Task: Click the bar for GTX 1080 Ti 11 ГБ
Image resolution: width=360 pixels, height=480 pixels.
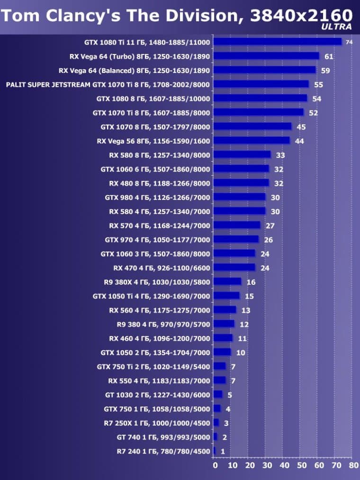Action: tap(278, 42)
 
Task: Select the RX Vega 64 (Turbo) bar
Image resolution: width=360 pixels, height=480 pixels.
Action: tap(267, 56)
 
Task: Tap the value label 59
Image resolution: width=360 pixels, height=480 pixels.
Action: tap(325, 71)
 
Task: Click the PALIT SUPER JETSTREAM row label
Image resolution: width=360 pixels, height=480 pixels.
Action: tap(108, 85)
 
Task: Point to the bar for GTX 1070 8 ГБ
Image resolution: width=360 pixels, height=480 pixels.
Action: tap(252, 127)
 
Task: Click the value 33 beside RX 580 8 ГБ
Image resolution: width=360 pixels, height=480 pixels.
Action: tap(280, 155)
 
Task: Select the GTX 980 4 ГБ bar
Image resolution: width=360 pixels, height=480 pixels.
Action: tap(239, 197)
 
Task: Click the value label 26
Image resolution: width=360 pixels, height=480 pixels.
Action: tap(268, 240)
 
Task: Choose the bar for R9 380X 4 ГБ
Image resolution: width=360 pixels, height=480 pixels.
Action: tap(227, 282)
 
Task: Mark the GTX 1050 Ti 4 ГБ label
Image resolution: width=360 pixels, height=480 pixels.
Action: tap(151, 296)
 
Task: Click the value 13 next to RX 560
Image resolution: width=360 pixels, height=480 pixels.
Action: tap(246, 310)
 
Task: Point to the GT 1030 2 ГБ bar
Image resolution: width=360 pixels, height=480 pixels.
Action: tap(218, 395)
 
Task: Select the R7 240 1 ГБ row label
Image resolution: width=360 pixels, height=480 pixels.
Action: tap(163, 451)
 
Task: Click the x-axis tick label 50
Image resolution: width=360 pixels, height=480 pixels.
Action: tap(301, 466)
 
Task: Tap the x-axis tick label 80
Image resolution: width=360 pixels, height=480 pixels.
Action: tap(353, 466)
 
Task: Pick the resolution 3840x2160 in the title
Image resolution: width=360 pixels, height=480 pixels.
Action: tap(301, 15)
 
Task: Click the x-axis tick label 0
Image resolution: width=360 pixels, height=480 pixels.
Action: tap(216, 466)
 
